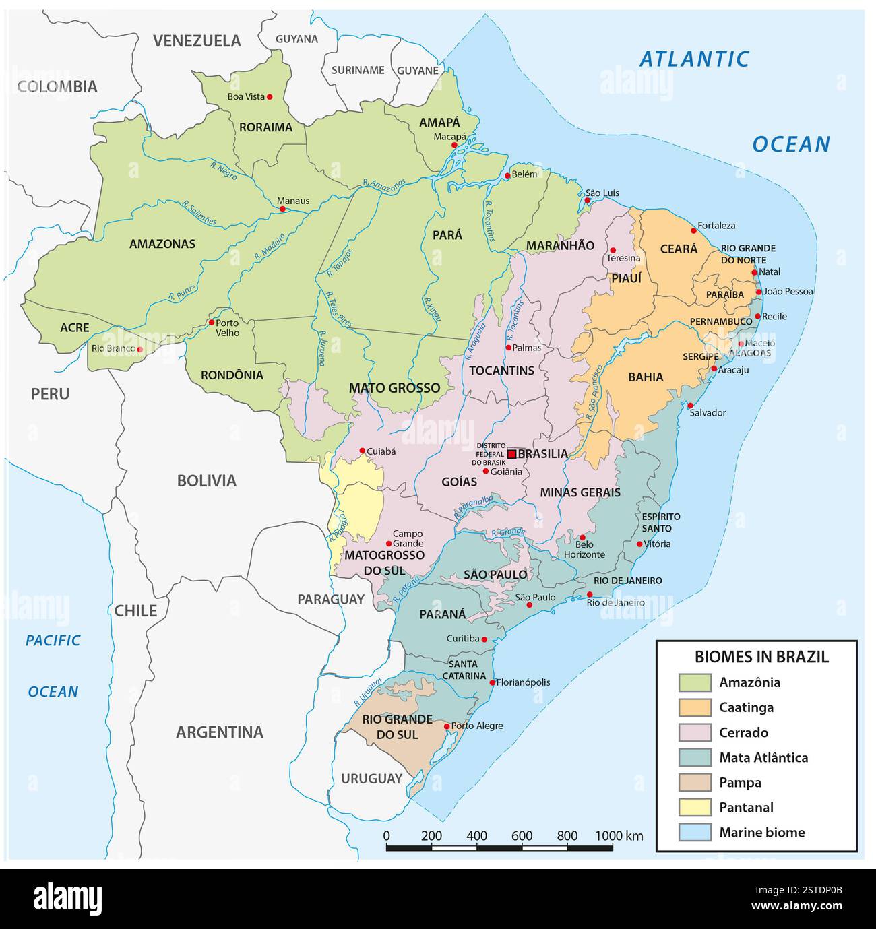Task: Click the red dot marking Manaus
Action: click(x=283, y=209)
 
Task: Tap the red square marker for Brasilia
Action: click(x=511, y=454)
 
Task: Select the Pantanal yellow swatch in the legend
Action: click(x=694, y=807)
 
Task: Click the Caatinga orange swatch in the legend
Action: click(x=694, y=707)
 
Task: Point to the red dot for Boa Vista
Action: click(x=270, y=97)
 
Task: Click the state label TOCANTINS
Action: click(x=501, y=371)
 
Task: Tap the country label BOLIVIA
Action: click(x=206, y=480)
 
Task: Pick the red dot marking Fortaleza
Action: click(x=693, y=230)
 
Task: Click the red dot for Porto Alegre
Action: click(x=447, y=726)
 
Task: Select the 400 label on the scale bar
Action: click(x=476, y=835)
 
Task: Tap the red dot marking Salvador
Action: click(x=689, y=406)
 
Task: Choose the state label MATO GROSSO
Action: click(x=394, y=388)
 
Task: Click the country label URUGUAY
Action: click(x=371, y=779)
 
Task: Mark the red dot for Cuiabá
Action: click(x=362, y=451)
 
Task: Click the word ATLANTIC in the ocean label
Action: click(x=694, y=59)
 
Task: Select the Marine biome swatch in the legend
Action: click(x=694, y=832)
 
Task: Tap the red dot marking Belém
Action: click(x=507, y=176)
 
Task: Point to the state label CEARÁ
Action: click(x=679, y=249)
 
